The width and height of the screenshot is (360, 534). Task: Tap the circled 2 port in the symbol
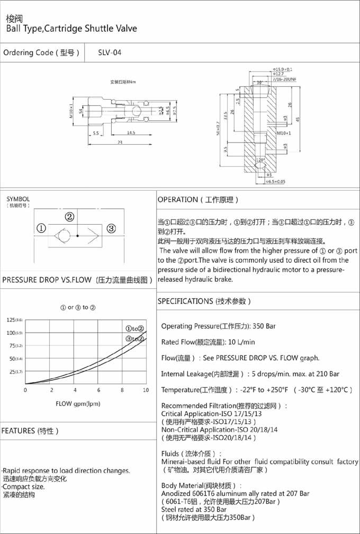click(69, 217)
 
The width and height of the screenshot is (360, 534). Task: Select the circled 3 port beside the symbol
click(111, 229)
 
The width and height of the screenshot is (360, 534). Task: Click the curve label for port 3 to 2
click(134, 339)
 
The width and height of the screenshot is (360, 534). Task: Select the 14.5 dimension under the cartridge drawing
click(131, 132)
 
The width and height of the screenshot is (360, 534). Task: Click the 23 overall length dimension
click(120, 143)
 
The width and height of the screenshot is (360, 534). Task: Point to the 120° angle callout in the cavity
click(260, 159)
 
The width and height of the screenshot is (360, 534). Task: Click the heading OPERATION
click(177, 200)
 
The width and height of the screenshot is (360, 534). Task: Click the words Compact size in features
click(24, 486)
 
